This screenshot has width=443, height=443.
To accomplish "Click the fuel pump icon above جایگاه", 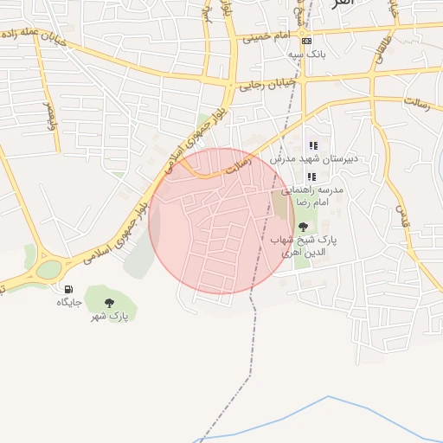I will [68, 289].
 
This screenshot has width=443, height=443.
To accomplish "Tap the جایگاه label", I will [68, 302].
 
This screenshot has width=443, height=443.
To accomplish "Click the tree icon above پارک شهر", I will [109, 302].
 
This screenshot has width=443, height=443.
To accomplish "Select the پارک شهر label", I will [109, 316].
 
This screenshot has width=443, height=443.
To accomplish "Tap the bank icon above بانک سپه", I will [305, 41].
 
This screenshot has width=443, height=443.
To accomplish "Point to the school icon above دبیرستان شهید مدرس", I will [313, 145].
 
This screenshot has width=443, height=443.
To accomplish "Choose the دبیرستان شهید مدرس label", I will [307, 159].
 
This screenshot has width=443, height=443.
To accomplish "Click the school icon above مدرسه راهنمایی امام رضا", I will [311, 177].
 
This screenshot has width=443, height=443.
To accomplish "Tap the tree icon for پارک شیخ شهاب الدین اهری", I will [302, 227].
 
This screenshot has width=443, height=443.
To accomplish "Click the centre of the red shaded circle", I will [221, 221].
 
